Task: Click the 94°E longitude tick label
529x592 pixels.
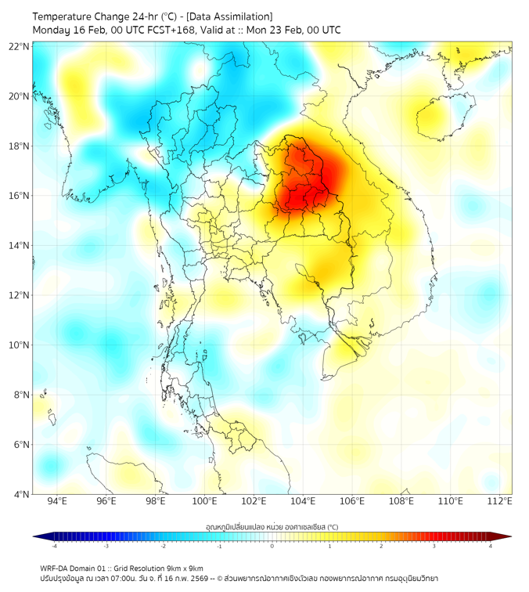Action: tap(57, 502)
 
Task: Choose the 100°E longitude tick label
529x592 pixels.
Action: tap(204, 502)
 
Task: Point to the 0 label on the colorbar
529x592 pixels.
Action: tap(272, 546)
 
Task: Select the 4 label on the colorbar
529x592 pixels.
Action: tap(491, 546)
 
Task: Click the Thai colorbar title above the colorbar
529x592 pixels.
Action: tap(272, 527)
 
